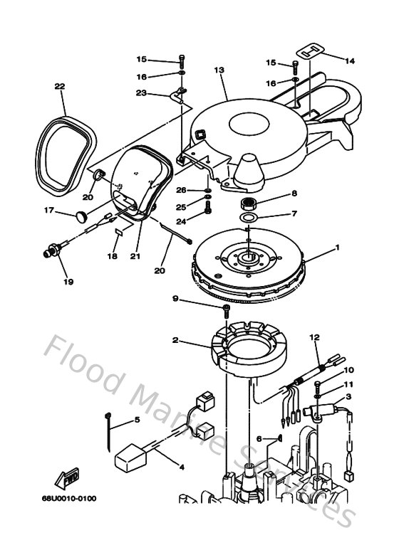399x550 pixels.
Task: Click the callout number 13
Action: coord(219,70)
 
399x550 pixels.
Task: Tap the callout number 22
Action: coord(60,87)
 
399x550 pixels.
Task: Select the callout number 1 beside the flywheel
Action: coord(338,248)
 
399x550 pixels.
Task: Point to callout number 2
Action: coord(175,340)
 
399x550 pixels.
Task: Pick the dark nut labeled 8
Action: coord(249,205)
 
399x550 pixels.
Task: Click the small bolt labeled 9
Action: coord(226,308)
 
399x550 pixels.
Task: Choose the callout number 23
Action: coord(141,93)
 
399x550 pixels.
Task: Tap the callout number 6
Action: coord(261,438)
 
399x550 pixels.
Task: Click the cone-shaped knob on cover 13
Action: coord(251,169)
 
